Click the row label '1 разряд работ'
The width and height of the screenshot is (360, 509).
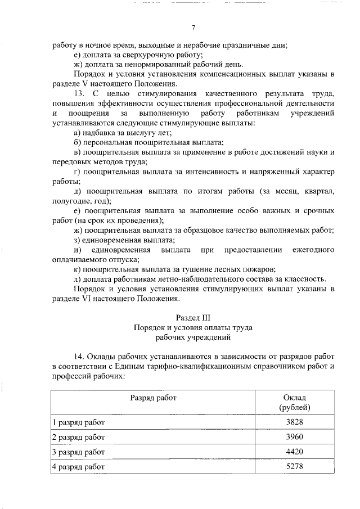79,422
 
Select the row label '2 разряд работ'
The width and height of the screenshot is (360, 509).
79,436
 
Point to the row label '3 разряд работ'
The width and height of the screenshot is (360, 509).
79,452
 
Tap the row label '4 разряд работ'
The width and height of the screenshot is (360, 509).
79,466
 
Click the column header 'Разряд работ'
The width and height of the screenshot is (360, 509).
154,397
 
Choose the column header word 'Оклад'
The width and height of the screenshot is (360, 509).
295,397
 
